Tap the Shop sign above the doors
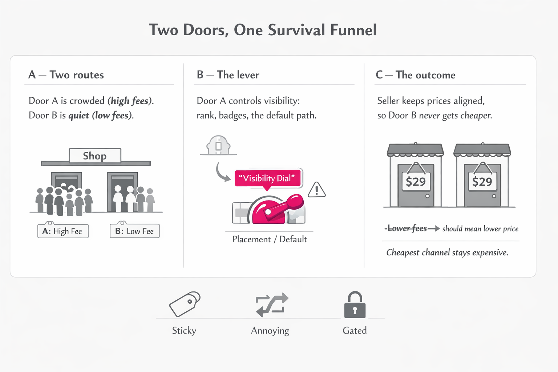coord(95,156)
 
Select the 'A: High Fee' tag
coord(63,231)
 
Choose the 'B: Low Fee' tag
coord(134,231)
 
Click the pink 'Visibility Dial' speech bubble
coord(268,178)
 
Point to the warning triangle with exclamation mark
coord(317,190)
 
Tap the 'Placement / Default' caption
coord(269,239)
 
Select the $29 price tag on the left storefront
coord(416,181)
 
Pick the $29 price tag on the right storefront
coord(482,181)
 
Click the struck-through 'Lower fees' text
coord(407,229)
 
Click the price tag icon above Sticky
coord(185,304)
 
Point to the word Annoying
coord(270,331)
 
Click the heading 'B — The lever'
coord(228,75)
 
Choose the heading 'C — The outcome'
coord(415,75)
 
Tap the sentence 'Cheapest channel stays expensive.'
coord(447,252)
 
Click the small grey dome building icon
coord(218,145)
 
